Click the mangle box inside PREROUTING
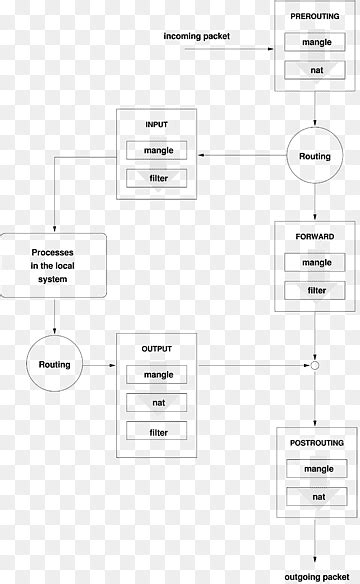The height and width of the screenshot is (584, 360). [x=316, y=43]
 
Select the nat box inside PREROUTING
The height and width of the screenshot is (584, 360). [x=316, y=71]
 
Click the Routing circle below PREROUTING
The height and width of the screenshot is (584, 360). [x=316, y=156]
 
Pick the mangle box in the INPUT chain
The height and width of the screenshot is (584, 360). [x=158, y=151]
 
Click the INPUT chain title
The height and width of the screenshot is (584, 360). [x=158, y=125]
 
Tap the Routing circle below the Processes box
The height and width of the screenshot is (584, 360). [x=54, y=365]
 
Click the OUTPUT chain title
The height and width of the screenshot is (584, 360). [x=158, y=348]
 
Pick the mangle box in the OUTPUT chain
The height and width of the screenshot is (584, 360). [x=158, y=375]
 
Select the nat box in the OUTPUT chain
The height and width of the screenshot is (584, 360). [x=158, y=403]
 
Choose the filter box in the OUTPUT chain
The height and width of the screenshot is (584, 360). [x=158, y=432]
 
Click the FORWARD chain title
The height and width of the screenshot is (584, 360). [x=316, y=236]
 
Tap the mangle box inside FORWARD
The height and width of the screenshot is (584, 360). [x=316, y=263]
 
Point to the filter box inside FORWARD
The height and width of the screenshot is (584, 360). [x=316, y=291]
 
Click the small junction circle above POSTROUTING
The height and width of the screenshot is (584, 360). [x=315, y=367]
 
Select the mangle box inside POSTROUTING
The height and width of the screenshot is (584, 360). [x=316, y=468]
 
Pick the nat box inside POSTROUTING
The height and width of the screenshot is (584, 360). [x=316, y=496]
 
